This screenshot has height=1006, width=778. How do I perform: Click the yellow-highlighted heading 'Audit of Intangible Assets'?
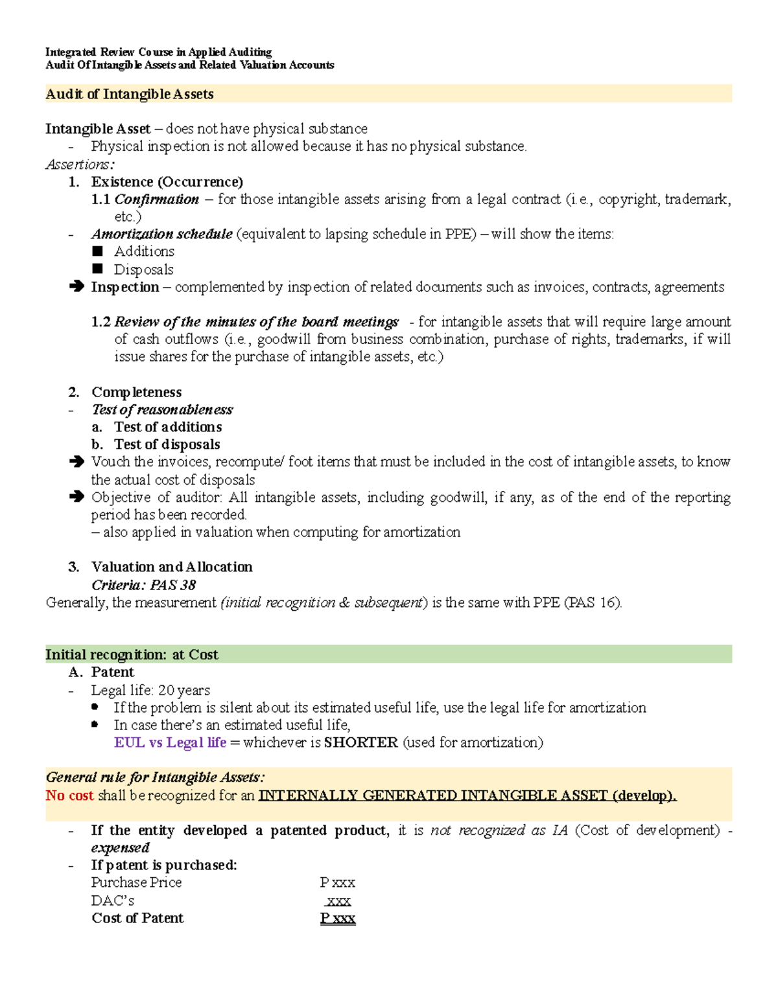(130, 94)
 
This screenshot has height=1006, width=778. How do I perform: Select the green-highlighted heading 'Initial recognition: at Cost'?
(132, 654)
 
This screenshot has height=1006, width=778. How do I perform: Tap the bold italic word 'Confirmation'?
(156, 200)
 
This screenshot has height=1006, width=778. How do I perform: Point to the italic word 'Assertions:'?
(80, 165)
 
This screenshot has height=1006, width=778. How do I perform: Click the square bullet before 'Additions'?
(98, 251)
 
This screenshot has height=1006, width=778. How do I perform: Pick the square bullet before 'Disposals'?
(98, 269)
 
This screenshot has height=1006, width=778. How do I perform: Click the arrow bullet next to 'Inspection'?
(77, 286)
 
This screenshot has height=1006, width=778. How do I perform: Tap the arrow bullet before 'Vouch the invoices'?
(77, 462)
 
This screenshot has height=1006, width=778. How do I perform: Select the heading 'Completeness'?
(136, 392)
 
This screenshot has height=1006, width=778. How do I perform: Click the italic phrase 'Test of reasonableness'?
(162, 409)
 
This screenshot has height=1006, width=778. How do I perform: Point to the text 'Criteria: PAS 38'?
(143, 585)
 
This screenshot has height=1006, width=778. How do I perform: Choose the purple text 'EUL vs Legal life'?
(170, 742)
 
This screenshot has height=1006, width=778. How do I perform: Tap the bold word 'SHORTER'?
(360, 742)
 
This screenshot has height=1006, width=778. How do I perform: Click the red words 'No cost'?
(69, 795)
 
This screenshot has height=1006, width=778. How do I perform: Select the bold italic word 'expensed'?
(120, 848)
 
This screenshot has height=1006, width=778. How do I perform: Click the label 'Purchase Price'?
(136, 882)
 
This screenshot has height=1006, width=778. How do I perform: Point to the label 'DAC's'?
(113, 900)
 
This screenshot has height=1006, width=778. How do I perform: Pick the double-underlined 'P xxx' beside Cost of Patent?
(338, 918)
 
